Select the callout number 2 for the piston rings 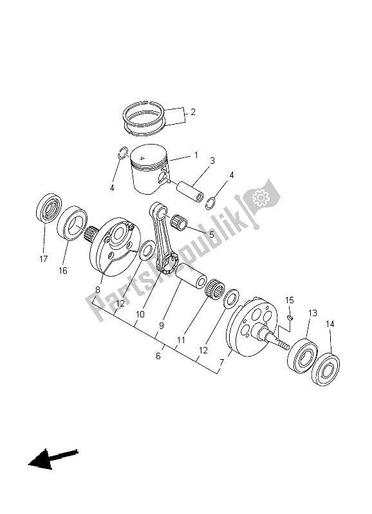(192, 112)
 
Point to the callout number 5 (210, 235)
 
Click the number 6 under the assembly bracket (158, 356)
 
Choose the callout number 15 (290, 300)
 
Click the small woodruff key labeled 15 (290, 315)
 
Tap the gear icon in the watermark (263, 198)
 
